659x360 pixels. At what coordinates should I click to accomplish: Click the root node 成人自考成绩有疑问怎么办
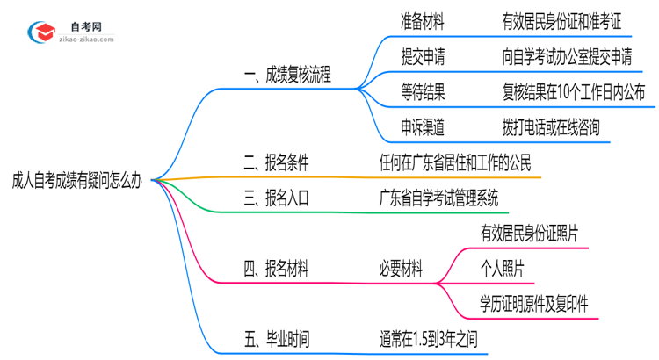pyautogui.click(x=77, y=180)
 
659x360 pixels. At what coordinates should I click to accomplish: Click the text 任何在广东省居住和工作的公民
pyautogui.click(x=453, y=162)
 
